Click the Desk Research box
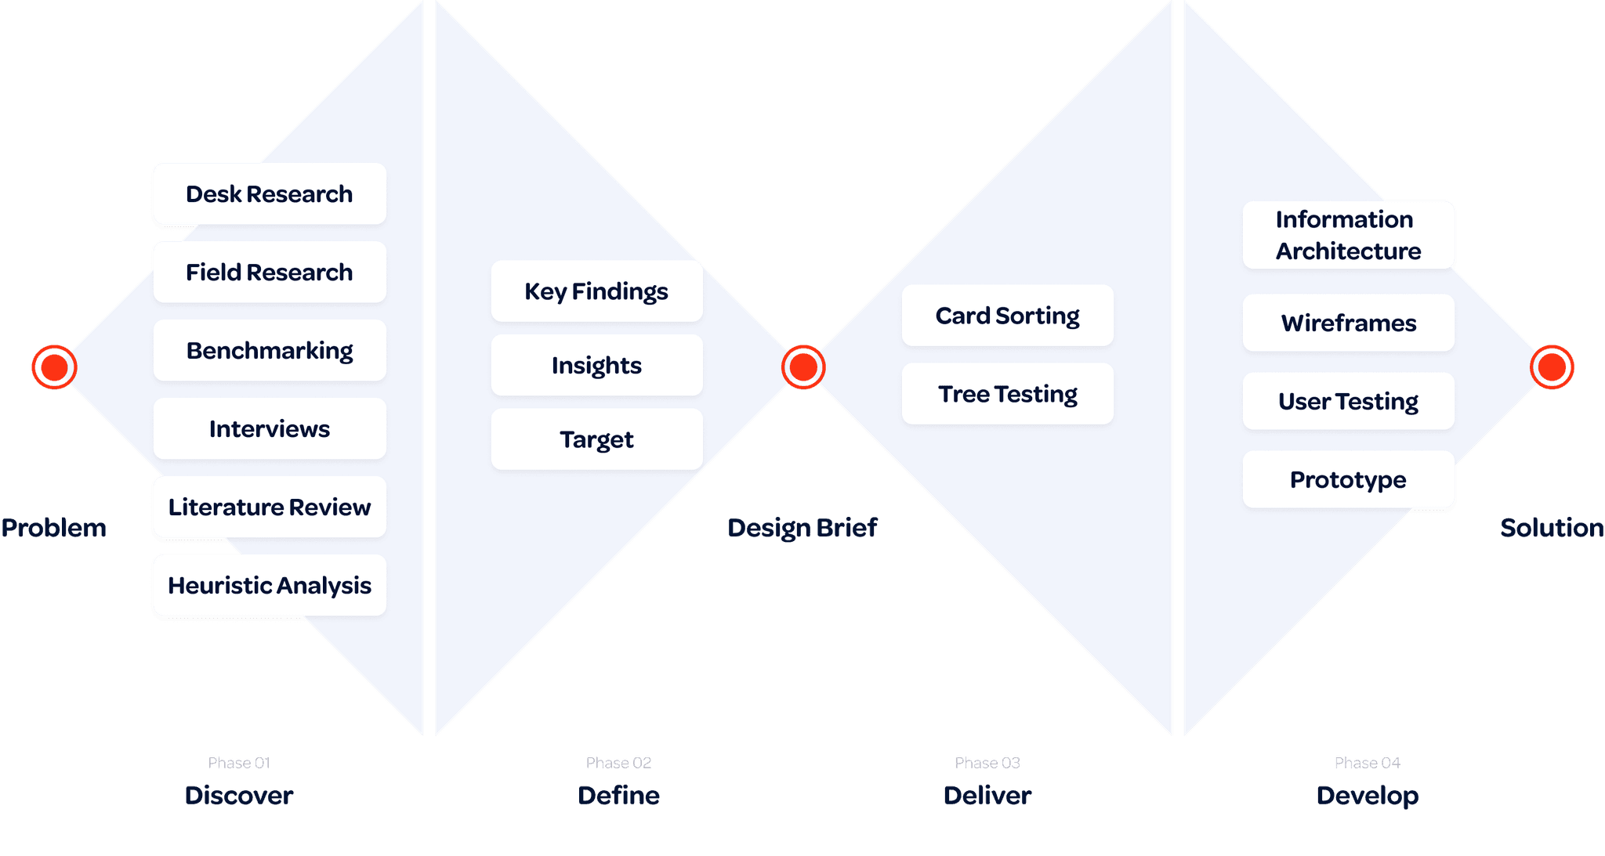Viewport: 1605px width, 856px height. pos(269,194)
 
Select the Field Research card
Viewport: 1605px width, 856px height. pos(269,273)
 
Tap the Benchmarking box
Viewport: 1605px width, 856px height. pos(269,351)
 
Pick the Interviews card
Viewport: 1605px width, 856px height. pos(269,429)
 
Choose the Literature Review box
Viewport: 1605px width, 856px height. pos(269,507)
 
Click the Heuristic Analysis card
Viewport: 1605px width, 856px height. pos(269,586)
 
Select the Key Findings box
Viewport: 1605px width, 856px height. pos(596,291)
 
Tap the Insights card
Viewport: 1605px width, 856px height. pos(596,366)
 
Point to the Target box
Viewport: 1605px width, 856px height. pos(596,439)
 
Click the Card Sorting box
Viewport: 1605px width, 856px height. pos(1007,316)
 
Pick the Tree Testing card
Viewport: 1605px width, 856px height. pos(1007,394)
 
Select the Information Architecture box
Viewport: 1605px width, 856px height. pos(1348,235)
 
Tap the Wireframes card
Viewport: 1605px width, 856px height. pos(1348,323)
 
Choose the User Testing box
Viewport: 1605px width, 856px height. pos(1348,401)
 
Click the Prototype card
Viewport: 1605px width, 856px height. pos(1348,479)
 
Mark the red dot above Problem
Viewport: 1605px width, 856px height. pos(54,367)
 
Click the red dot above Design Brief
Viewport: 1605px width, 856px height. pos(803,367)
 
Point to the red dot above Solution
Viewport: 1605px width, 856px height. pos(1552,367)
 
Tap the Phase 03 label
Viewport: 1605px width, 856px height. pos(987,763)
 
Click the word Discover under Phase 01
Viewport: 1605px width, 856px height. pos(239,796)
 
